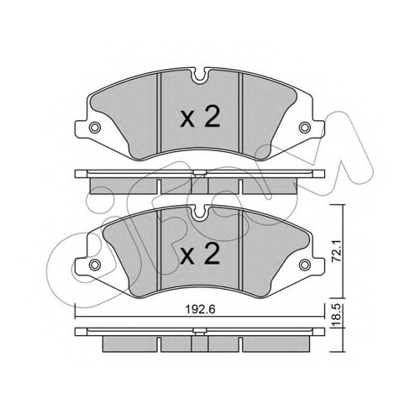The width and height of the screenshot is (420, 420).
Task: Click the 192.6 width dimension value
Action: [200, 309]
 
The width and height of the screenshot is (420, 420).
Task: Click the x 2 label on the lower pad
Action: [200, 254]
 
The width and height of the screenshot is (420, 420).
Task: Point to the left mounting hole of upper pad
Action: [95, 128]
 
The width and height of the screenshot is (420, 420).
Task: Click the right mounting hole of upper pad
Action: [305, 128]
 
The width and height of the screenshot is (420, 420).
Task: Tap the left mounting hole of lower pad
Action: [95, 264]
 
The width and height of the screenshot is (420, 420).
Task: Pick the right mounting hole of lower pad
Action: [305, 264]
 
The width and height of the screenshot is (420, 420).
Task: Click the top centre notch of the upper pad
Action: [200, 76]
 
